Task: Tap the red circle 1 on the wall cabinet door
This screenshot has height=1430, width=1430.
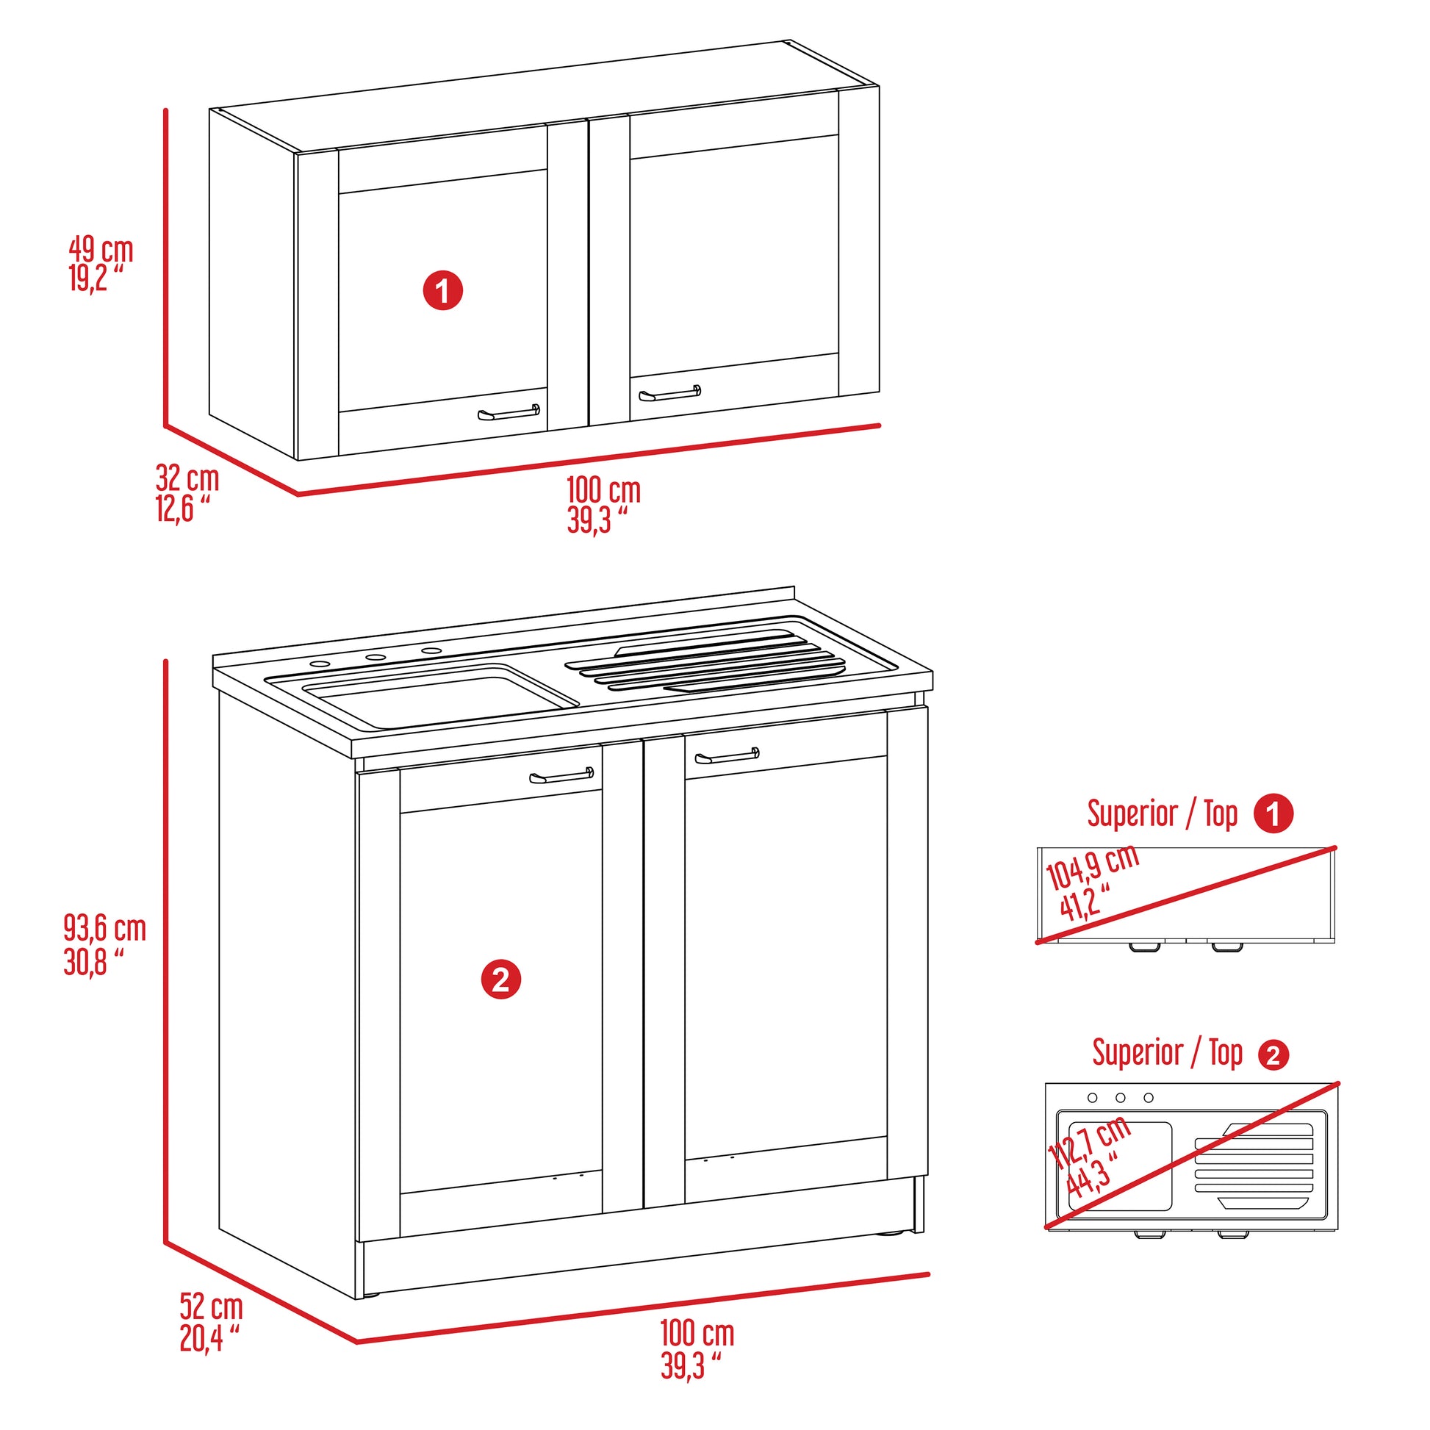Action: [x=442, y=290]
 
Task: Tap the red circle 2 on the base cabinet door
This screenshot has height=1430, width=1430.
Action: [x=501, y=980]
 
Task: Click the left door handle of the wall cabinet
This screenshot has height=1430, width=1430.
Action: [x=509, y=412]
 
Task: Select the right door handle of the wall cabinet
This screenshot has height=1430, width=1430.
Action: [x=669, y=393]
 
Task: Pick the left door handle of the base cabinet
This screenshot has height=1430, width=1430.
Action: [x=561, y=776]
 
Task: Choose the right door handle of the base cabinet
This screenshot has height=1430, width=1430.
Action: [x=727, y=755]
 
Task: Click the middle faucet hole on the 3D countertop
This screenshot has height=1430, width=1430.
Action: [x=376, y=657]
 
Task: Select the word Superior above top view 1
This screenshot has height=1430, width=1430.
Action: [x=1132, y=813]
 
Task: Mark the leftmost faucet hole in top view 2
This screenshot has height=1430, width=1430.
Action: [x=1092, y=1098]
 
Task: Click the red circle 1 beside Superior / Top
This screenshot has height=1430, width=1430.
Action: [x=1273, y=814]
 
